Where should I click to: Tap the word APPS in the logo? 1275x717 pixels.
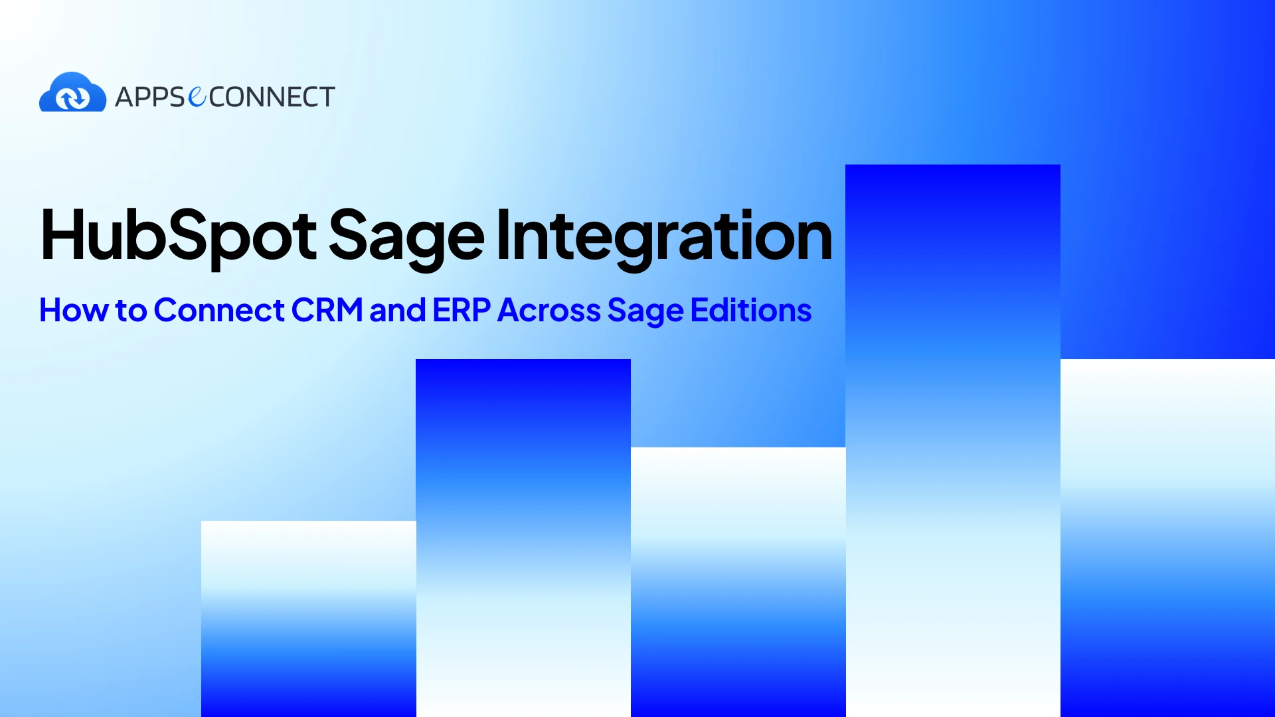[x=150, y=98]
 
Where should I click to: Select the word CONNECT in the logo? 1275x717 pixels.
[x=272, y=98]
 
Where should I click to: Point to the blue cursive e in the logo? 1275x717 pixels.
[x=197, y=97]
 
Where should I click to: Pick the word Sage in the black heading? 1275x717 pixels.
[x=406, y=238]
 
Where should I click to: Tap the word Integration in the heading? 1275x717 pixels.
[x=664, y=238]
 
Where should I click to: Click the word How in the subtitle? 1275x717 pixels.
[x=74, y=310]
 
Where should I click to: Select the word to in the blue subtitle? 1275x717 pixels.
[x=131, y=311]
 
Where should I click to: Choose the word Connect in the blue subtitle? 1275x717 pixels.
[x=220, y=310]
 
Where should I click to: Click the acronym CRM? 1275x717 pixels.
[x=327, y=310]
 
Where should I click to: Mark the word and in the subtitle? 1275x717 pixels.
[x=398, y=310]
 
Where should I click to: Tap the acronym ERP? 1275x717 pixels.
[x=462, y=310]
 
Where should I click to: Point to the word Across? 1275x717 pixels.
[x=549, y=310]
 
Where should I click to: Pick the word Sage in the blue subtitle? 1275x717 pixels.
[x=645, y=311]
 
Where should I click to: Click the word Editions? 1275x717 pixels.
[x=751, y=310]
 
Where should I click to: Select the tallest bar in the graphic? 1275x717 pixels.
[x=953, y=440]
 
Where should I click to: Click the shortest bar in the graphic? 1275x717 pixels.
[x=309, y=619]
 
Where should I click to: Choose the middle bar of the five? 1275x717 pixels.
[x=738, y=582]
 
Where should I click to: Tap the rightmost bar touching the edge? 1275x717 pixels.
[x=1167, y=538]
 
